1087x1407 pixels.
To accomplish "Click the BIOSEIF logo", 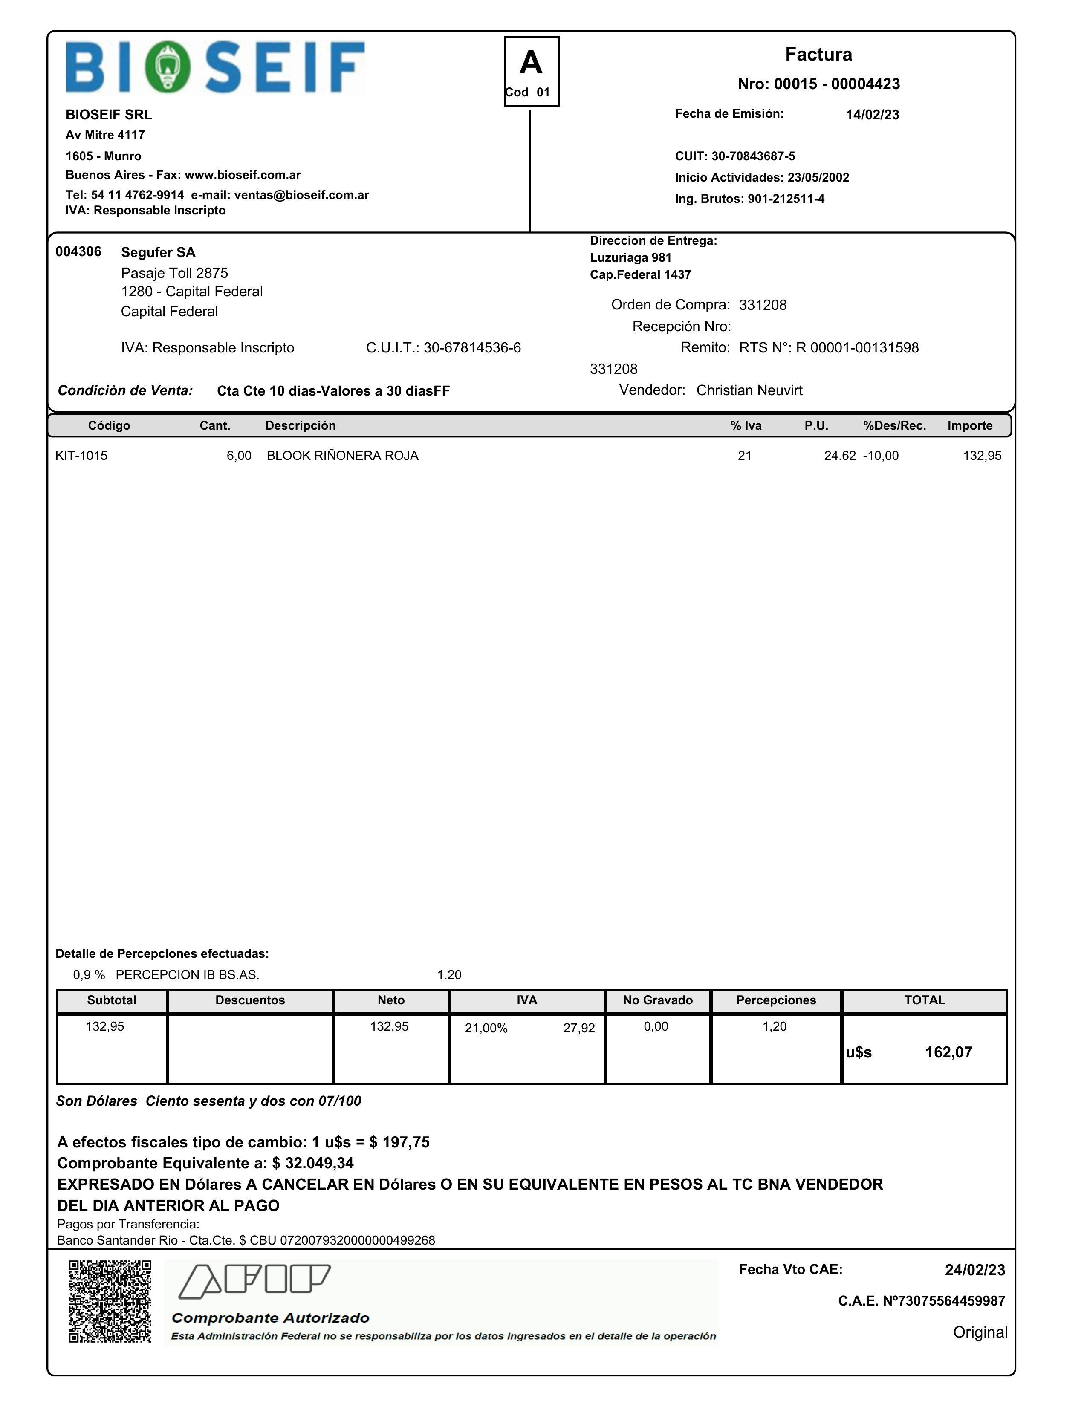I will point(214,68).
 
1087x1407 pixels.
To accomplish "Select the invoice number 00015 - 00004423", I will point(818,84).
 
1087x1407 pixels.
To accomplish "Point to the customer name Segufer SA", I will point(158,252).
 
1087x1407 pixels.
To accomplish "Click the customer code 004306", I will point(78,252).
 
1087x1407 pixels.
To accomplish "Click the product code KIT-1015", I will point(81,456).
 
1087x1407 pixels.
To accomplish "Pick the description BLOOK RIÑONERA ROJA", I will point(342,456).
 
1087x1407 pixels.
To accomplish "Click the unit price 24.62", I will point(840,456).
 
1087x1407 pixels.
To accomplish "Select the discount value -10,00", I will point(881,456).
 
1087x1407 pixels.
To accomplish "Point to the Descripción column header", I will point(300,426).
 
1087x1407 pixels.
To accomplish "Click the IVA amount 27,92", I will point(578,1028).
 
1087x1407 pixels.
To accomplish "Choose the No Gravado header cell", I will point(657,1000).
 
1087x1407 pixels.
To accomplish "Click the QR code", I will point(110,1301).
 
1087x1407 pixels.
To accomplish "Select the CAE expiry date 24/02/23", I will point(974,1270).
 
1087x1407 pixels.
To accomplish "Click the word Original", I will point(980,1332).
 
